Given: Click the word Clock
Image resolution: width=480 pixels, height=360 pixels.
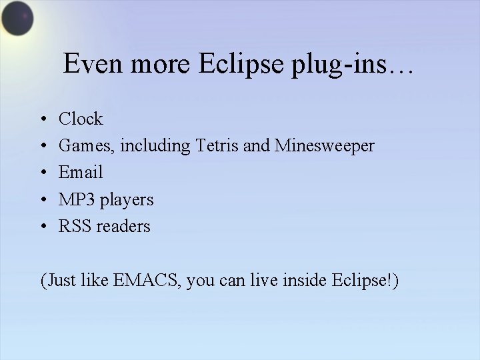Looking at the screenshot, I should coord(81,119).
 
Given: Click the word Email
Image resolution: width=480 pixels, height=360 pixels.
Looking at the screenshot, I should coord(81,173).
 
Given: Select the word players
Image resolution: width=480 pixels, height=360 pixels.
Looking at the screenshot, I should coord(126,200).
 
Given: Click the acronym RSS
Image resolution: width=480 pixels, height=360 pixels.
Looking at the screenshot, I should coord(75,226).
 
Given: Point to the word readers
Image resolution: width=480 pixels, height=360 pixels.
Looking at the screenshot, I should coord(123,226).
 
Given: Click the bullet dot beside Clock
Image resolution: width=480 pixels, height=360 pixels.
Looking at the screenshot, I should coord(42,120).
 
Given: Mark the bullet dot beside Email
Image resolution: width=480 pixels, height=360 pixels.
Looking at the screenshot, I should coord(42,173).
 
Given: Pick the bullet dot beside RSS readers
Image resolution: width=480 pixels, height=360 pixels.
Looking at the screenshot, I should coord(42,227).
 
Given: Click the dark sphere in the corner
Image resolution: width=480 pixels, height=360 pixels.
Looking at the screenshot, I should coord(17,19).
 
